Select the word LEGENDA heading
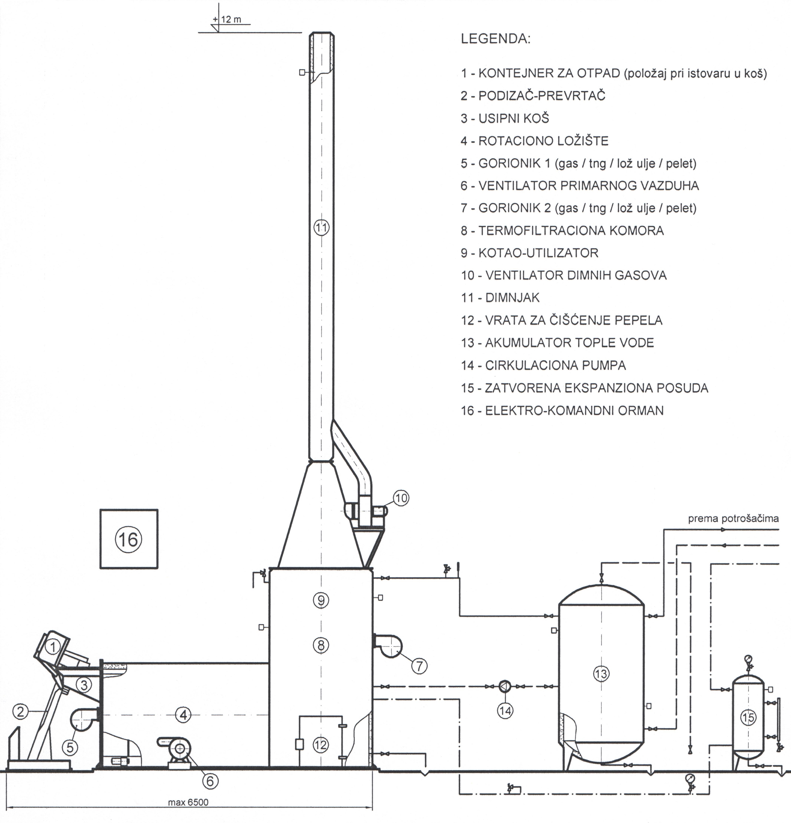coord(496,39)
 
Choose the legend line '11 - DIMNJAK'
coord(500,298)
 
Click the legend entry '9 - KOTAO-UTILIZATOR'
coord(530,253)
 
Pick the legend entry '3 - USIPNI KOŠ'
coord(505,118)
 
